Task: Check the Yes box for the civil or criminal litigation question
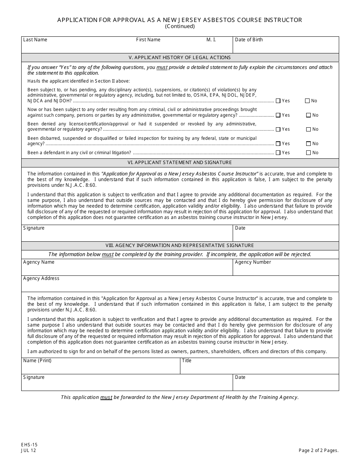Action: point(279,153)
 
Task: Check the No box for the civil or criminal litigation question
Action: point(308,153)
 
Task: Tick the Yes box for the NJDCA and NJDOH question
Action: point(279,101)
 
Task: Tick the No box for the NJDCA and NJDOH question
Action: point(307,101)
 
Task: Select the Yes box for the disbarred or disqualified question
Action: point(279,144)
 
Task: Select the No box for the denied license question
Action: point(308,129)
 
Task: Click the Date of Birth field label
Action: point(249,40)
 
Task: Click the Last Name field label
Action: point(35,40)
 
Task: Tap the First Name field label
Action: point(148,40)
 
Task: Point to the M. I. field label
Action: point(211,40)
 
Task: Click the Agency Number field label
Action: point(253,262)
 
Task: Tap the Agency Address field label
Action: point(41,278)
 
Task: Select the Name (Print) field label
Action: point(37,361)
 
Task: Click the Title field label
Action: point(186,361)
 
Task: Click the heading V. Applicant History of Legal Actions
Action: point(180,58)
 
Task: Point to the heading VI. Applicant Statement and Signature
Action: point(180,163)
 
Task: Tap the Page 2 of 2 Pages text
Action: point(318,450)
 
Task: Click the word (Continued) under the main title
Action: point(180,27)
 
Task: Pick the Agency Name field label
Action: point(39,262)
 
